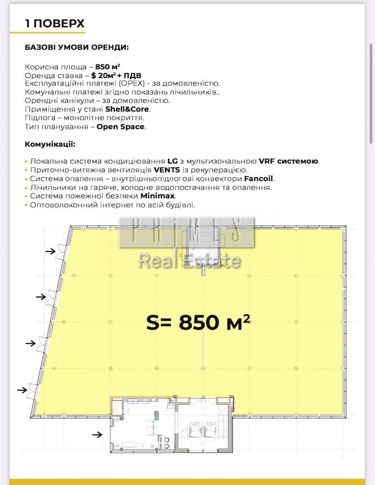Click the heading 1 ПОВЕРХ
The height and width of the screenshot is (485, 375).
55,23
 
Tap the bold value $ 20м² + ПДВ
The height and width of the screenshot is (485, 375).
116,76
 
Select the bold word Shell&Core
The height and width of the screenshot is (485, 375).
127,109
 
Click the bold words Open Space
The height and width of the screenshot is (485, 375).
121,127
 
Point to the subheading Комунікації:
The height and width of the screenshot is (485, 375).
50,144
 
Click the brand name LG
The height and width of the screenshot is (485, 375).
173,161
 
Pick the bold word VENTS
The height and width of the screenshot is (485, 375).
167,170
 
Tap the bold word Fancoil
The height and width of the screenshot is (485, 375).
258,179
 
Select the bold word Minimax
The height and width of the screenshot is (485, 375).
157,196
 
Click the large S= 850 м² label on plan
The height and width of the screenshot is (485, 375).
198,322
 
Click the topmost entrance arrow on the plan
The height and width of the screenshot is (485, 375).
51,251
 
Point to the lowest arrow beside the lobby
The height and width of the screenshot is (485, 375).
97,434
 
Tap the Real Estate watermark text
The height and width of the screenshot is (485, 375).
190,261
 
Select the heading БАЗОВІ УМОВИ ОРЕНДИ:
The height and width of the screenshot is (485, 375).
77,48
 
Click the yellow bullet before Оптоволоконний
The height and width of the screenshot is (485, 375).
26,205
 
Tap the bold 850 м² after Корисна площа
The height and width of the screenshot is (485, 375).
108,67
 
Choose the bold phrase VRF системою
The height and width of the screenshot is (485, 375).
288,161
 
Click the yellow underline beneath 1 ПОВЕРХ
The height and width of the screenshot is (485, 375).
47,33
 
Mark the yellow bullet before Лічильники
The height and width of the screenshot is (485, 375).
26,188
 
